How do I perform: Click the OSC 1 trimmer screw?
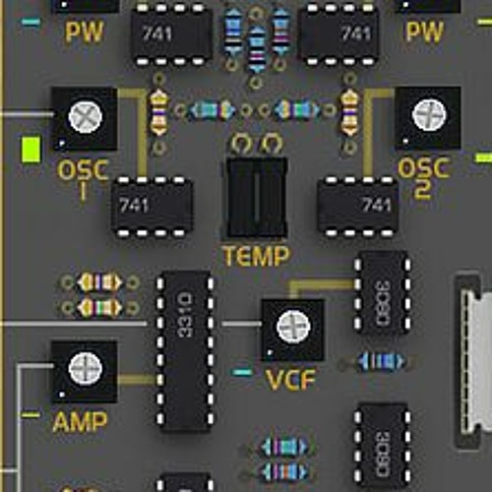(x=86, y=117)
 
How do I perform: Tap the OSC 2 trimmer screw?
(x=429, y=115)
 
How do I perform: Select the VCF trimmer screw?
(x=293, y=327)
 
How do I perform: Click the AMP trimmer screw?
(x=86, y=368)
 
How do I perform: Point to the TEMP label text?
(x=256, y=256)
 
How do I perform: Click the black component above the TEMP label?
(x=257, y=198)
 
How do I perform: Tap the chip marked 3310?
(x=185, y=351)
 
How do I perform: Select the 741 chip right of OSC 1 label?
(x=152, y=206)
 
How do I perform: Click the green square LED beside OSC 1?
(x=31, y=150)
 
